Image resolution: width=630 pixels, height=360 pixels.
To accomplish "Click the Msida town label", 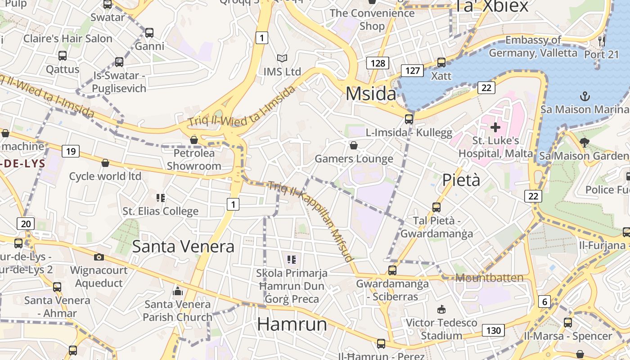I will point(371,94).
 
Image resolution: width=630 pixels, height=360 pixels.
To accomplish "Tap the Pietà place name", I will point(461,180).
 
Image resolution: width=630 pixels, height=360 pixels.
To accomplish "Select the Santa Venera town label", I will point(183,247).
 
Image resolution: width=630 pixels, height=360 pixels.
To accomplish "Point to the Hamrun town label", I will point(292,324).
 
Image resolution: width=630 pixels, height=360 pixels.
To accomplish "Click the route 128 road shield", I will point(378,63).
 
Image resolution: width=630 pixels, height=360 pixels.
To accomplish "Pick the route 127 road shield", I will point(412,70).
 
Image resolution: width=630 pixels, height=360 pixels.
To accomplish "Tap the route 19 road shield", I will point(71,151).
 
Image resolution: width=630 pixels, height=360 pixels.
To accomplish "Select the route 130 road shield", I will point(493,330).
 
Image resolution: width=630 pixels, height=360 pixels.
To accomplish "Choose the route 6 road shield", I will point(544,301).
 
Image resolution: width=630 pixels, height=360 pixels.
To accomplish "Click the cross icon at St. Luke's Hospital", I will point(495,127).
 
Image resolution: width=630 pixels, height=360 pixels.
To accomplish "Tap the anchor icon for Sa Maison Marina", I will point(585,96).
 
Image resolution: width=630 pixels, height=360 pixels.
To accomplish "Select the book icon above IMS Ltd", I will point(282,58).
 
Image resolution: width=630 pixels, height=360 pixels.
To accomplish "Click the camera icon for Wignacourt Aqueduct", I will point(99,257).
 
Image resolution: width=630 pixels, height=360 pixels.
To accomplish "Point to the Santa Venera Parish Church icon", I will point(178,291).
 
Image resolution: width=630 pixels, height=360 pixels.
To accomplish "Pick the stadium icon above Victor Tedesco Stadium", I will point(441,309).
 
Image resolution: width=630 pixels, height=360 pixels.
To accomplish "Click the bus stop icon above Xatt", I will point(441,63).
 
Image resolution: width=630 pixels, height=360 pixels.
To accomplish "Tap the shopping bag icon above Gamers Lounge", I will point(354,145).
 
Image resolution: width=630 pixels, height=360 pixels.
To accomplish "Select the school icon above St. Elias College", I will point(161,198).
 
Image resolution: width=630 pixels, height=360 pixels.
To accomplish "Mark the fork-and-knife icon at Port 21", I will point(602,41).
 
